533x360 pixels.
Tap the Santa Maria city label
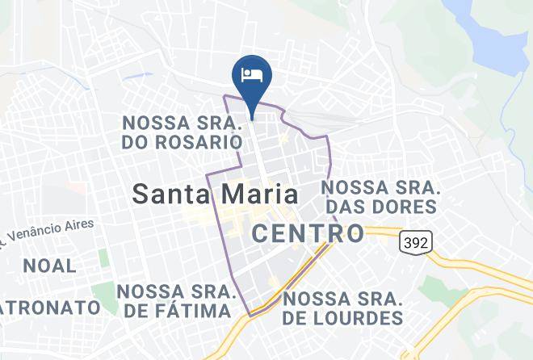click(215, 195)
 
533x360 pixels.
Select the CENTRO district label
click(308, 234)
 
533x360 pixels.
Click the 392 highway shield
click(415, 241)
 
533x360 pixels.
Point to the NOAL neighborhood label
click(49, 266)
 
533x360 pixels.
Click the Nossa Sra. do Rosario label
click(183, 133)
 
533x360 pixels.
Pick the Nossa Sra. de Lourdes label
click(342, 308)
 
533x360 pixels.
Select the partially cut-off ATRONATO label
click(50, 308)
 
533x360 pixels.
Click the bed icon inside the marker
click(252, 73)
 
